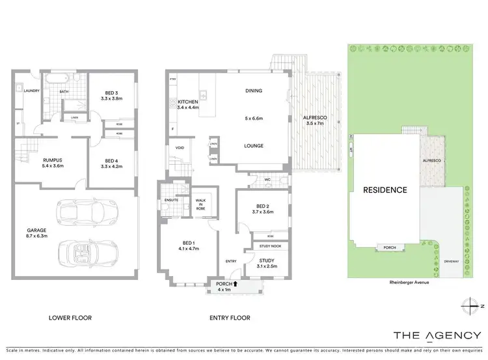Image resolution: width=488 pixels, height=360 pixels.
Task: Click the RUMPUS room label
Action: point(34,163)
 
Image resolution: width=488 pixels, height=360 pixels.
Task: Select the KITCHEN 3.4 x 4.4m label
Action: point(188,104)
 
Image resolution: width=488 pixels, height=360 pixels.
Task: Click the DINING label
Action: point(254,90)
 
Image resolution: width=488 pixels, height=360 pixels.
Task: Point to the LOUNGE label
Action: point(254,146)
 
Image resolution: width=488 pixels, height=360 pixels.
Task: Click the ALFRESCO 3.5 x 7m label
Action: point(316,120)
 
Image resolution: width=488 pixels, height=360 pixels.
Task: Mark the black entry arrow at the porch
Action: point(236,283)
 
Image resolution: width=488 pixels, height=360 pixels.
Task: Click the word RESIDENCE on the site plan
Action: point(385,190)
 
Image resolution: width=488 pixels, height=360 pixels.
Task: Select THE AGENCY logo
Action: point(437,336)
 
